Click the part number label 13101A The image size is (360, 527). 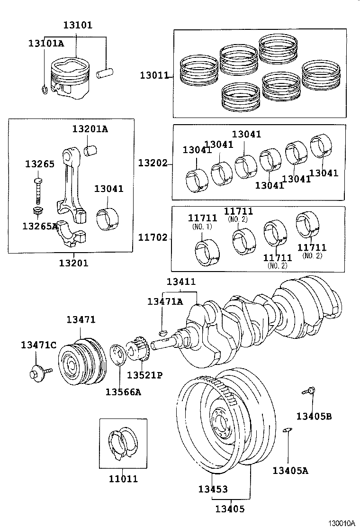pos(45,43)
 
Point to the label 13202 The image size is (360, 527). pos(153,163)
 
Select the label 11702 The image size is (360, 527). pos(153,237)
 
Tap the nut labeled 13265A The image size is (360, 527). pos(38,212)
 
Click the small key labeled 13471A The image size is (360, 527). pos(162,333)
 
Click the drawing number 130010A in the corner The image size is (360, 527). pos(342,523)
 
